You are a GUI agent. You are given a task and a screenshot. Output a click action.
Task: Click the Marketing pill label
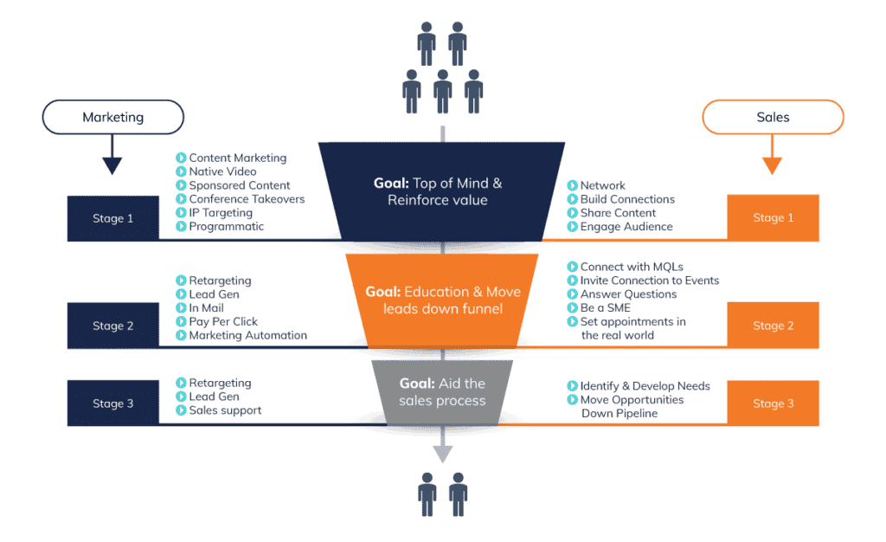[x=112, y=117]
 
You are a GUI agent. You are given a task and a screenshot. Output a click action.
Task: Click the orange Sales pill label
[x=772, y=117]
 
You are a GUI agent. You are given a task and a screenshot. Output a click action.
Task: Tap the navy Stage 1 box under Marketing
[x=112, y=218]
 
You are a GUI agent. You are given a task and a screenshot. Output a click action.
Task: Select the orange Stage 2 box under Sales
[x=773, y=326]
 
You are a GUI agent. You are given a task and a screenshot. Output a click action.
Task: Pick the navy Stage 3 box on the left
[x=112, y=403]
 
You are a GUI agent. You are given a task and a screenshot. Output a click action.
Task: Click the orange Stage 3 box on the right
[x=773, y=403]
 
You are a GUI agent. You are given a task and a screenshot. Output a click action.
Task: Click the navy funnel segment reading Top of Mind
[x=444, y=191]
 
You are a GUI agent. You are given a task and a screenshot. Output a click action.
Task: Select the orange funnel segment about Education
[x=443, y=300]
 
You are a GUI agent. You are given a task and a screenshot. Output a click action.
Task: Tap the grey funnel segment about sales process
[x=442, y=392]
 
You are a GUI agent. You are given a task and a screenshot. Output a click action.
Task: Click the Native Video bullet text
[x=222, y=171]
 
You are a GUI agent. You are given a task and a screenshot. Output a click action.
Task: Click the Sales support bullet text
[x=225, y=410]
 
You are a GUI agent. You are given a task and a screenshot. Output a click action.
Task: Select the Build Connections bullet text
[x=627, y=199]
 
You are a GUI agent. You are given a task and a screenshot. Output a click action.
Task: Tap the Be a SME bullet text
[x=605, y=307]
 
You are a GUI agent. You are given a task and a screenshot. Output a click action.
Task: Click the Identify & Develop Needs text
[x=645, y=386]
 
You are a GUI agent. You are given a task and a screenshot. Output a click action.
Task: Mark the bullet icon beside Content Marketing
[x=181, y=158]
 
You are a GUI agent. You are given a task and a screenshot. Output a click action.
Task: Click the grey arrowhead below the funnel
[x=443, y=455]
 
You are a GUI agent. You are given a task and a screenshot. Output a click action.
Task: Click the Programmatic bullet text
[x=227, y=226]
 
